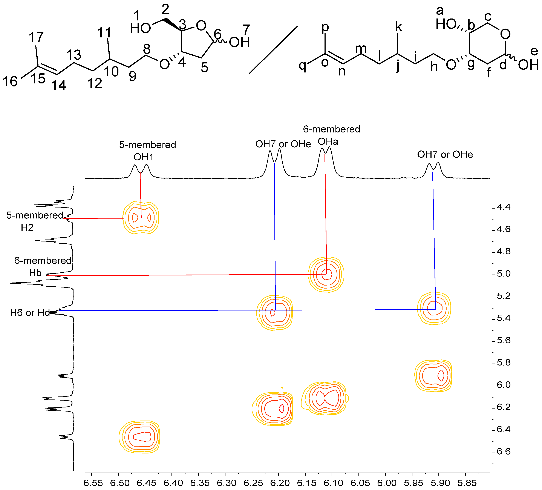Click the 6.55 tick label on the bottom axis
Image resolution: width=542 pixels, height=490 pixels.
coord(93,483)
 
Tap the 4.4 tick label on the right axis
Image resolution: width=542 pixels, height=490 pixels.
coord(503,207)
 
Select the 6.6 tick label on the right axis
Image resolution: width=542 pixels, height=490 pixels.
coord(503,451)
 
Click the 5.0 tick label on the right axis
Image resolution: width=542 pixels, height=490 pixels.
coord(503,274)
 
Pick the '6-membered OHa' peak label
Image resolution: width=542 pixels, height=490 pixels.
coord(331,135)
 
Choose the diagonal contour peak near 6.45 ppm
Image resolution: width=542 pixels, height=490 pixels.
coord(139,436)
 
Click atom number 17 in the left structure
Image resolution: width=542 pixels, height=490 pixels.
coord(36,37)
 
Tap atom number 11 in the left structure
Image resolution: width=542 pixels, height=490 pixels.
coord(104,33)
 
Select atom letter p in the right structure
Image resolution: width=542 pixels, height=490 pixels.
coord(325,27)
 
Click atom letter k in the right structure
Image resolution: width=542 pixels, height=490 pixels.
coord(398,27)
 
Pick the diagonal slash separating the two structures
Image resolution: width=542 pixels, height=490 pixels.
coord(273,50)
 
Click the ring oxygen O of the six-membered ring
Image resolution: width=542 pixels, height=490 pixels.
coord(505,34)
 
